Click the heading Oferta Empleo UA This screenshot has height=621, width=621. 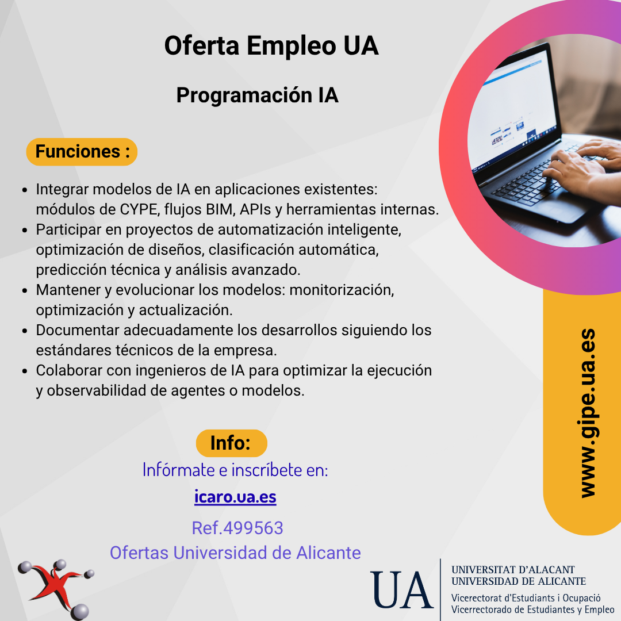tap(271, 45)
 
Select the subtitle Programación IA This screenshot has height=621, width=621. tap(258, 95)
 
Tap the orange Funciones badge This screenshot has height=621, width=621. tap(82, 152)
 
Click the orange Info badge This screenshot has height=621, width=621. tap(231, 443)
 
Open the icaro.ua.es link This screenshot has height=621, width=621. tap(235, 497)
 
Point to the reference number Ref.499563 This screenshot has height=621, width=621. tap(237, 528)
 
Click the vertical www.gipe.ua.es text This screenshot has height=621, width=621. tap(588, 413)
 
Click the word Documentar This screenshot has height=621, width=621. tap(79, 330)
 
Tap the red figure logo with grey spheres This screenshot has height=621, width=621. tap(55, 589)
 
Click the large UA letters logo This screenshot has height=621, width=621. tap(401, 590)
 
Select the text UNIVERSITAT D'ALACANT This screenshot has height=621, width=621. tap(512, 569)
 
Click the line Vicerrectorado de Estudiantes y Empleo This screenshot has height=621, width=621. tap(532, 609)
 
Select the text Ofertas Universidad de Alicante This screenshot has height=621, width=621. tap(235, 553)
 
